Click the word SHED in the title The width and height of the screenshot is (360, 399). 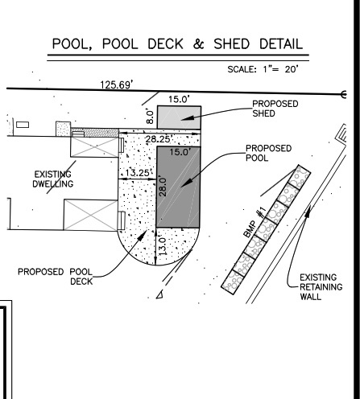[231, 44]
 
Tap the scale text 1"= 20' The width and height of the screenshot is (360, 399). [280, 69]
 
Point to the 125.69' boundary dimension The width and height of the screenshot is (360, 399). [116, 84]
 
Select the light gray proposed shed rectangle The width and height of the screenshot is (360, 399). [179, 117]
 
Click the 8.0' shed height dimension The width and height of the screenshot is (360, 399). [150, 116]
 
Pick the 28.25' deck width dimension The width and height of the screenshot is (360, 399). [159, 139]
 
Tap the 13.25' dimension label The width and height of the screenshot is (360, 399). [138, 173]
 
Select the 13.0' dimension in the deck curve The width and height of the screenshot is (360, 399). [163, 246]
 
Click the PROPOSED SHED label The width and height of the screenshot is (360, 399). [275, 109]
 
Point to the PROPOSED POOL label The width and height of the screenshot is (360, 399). [268, 153]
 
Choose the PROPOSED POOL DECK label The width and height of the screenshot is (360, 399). [56, 277]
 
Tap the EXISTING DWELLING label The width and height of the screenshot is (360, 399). [53, 179]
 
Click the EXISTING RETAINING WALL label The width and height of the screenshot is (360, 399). [321, 287]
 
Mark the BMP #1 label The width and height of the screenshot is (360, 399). [254, 222]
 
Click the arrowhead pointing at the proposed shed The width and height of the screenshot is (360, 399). [188, 117]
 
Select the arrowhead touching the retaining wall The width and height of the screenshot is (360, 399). [308, 211]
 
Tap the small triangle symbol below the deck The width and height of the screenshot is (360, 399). [159, 294]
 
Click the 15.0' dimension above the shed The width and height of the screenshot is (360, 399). [179, 99]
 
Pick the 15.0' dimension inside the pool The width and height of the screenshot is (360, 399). [180, 152]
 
